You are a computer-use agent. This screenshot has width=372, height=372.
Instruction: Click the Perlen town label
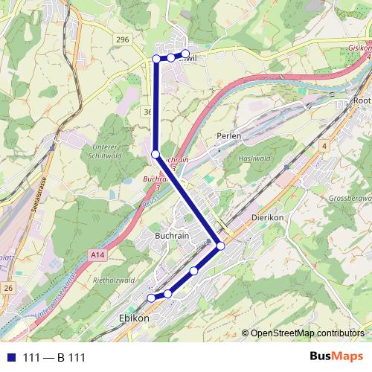click(x=230, y=136)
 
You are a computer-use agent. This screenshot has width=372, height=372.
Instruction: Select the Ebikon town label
click(x=134, y=318)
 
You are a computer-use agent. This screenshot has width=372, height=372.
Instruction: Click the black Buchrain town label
click(x=173, y=235)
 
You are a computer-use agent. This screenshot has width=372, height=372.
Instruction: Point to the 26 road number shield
click(x=7, y=287)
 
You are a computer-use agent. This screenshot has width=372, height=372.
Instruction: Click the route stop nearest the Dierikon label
click(x=220, y=246)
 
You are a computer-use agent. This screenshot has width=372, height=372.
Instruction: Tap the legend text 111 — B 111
click(x=54, y=358)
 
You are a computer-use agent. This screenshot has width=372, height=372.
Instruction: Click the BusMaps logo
click(x=336, y=356)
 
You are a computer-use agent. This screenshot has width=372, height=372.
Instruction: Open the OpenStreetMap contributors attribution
click(x=307, y=333)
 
